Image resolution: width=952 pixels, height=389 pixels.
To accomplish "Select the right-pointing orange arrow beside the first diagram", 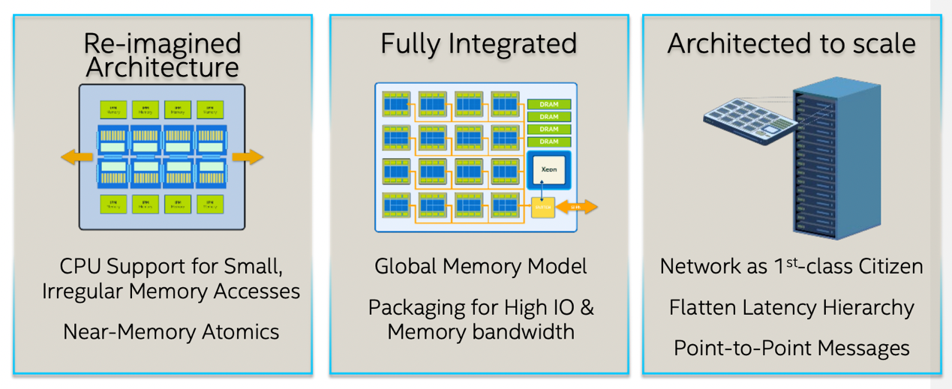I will tap(248, 157).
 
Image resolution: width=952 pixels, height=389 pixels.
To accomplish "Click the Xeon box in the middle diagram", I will tap(548, 170).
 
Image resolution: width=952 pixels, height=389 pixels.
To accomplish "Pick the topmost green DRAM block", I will tap(549, 105).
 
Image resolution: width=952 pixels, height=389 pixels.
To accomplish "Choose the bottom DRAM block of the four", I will tap(549, 142).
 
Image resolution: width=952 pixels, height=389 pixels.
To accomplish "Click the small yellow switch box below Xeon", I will tap(542, 206).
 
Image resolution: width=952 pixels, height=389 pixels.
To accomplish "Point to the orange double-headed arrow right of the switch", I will tap(577, 206).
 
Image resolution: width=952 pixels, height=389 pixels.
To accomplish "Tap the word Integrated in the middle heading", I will tap(513, 43).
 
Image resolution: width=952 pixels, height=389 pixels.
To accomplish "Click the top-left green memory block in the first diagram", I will tap(113, 110).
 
